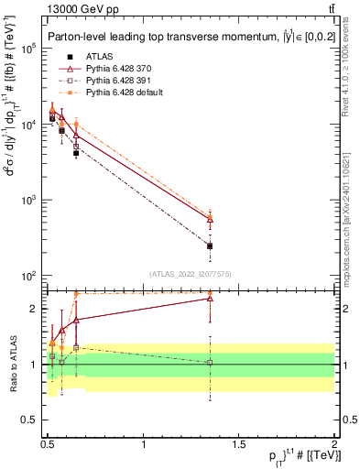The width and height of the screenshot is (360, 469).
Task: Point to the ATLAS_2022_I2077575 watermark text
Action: (191, 273)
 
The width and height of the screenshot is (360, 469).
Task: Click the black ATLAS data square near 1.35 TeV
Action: (211, 245)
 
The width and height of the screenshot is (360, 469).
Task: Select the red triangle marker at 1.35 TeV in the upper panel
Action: (211, 219)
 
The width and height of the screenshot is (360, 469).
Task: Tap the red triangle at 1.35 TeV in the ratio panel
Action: (211, 298)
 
